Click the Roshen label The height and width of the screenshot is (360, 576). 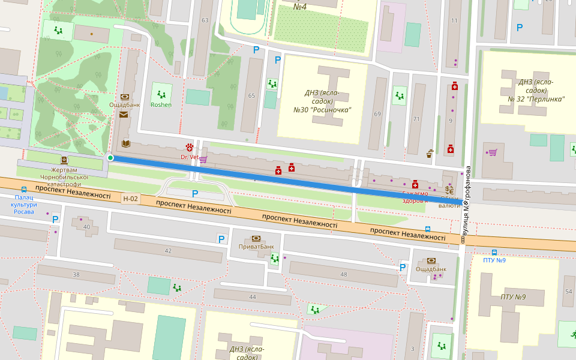161,105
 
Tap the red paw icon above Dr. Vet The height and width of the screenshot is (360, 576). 190,147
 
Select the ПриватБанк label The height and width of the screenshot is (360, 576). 256,246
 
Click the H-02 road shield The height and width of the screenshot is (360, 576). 130,199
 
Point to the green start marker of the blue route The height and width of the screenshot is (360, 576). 110,157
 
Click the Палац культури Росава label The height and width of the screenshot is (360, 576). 24,205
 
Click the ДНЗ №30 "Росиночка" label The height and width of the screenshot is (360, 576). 322,101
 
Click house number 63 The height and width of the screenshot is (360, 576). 205,20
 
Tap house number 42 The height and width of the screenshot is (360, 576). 168,250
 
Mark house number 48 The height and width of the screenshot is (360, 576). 343,274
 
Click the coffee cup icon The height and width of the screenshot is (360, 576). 430,154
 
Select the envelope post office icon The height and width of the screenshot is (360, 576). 124,114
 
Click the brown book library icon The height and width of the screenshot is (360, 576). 125,143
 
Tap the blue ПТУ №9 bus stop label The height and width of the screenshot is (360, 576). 494,260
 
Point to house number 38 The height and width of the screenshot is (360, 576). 76,274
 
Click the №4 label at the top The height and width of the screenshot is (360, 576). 300,7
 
